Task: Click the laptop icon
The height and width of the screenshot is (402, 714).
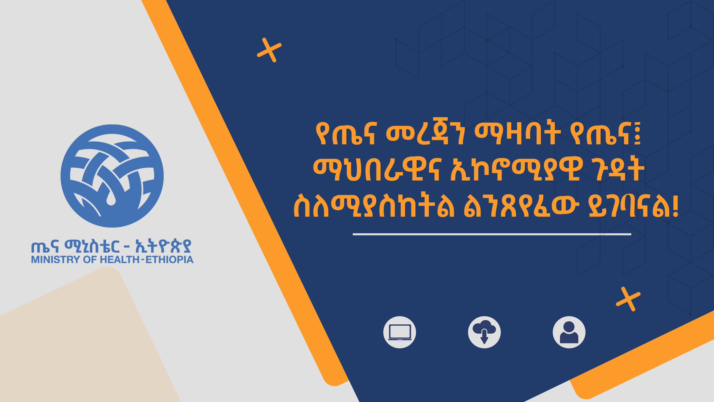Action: coord(400,332)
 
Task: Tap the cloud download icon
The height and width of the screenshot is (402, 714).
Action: coord(484,332)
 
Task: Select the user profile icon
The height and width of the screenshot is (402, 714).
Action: coord(569,332)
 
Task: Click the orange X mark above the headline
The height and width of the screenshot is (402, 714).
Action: coord(269,50)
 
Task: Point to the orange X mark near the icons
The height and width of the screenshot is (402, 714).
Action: coord(628,299)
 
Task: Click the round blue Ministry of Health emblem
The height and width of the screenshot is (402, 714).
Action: coord(112,176)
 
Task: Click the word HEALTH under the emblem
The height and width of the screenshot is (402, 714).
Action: coord(119,260)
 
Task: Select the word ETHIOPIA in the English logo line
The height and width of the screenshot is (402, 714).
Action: coord(169,260)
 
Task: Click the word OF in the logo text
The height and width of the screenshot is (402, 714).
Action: coord(90,260)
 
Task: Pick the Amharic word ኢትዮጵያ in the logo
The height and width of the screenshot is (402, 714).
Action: coord(163,246)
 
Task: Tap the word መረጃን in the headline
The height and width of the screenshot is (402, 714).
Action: coord(425,134)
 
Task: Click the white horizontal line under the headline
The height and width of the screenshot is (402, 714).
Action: coord(492,234)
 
